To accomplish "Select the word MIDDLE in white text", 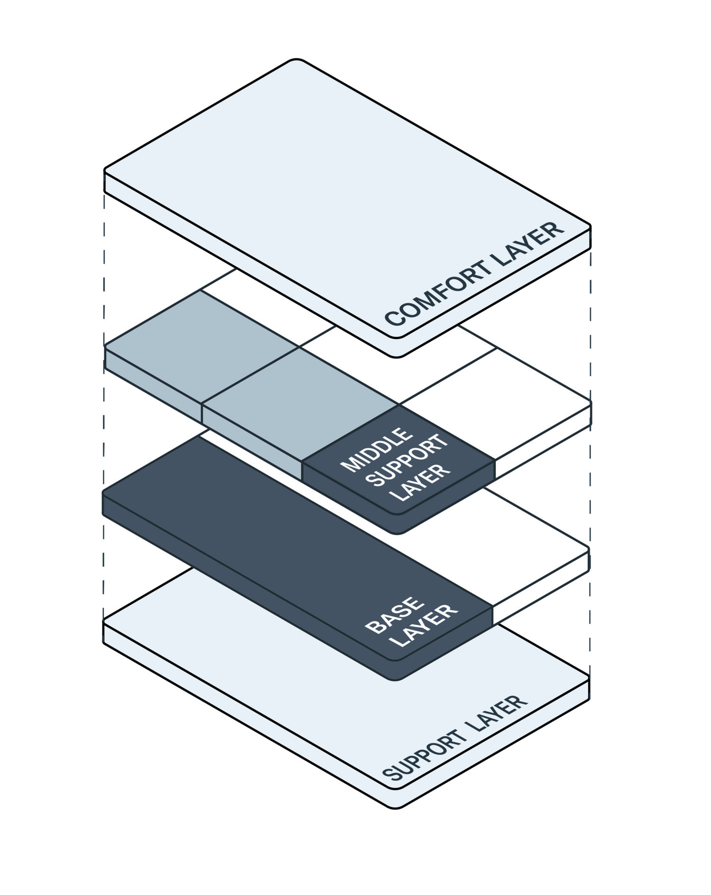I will pyautogui.click(x=377, y=450).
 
